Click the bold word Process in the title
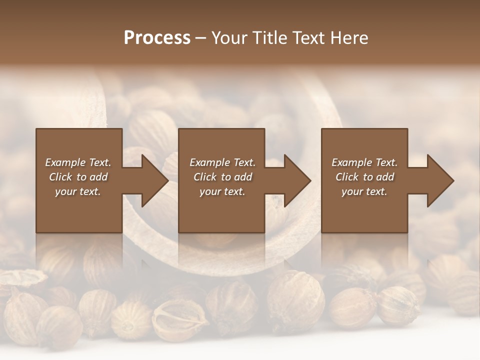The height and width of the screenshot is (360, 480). tap(157, 38)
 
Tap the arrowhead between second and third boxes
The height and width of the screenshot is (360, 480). tap(297, 180)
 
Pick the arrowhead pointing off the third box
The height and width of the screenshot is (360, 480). tap(440, 180)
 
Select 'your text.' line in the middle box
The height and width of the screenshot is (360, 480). tap(222, 191)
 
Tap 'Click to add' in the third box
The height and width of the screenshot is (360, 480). tap(364, 177)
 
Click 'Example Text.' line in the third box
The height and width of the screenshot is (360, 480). tap(364, 162)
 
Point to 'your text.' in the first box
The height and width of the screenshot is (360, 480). tap(78, 191)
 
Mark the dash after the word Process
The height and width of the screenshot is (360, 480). tap(200, 38)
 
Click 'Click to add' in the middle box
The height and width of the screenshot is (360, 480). tap(222, 177)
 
